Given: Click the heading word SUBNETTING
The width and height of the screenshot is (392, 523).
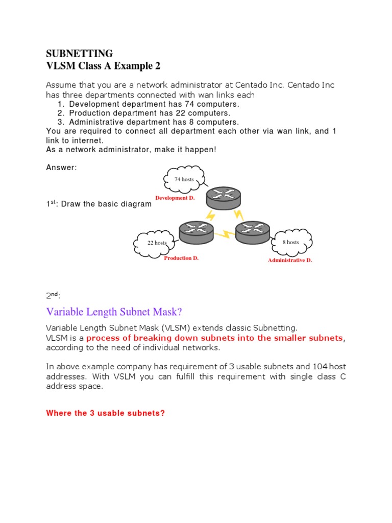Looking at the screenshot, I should pos(80,54).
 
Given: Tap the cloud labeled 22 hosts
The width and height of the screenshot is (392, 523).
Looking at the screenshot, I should pos(156,243).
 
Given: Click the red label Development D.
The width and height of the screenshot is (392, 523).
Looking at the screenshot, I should pos(175,198).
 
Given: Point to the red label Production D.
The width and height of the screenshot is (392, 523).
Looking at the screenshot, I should pos(181,258).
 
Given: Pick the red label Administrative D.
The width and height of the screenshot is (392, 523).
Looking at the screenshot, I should pos(290,260).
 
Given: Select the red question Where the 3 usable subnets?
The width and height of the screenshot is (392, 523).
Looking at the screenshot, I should pos(105,413).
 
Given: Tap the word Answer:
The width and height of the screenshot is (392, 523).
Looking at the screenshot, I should pos(61,168).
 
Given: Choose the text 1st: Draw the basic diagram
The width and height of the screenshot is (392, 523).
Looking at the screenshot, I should pos(99,204).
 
